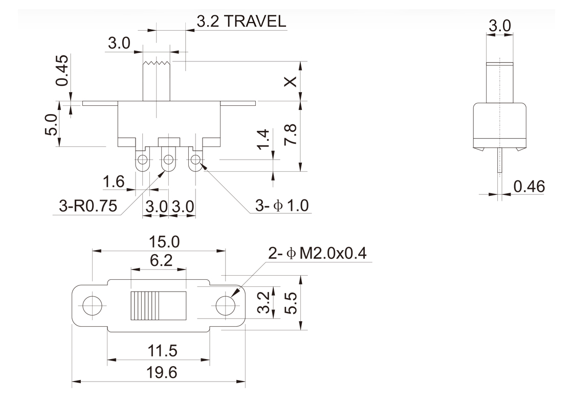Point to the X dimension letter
290,82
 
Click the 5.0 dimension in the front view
50,125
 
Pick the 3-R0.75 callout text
88,206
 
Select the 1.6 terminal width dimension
113,182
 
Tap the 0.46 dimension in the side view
530,187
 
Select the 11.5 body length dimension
159,351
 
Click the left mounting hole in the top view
92,305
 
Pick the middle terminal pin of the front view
168,162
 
